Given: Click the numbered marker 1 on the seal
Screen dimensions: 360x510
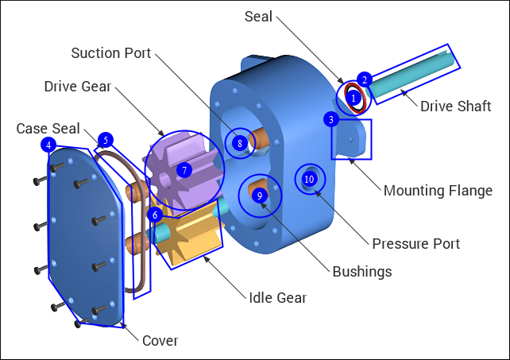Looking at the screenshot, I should pos(354,98).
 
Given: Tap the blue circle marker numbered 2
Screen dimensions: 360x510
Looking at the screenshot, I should pos(364,79).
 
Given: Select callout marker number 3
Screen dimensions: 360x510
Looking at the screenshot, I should pos(331,119).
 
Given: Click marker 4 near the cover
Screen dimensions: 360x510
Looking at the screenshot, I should pos(49,145).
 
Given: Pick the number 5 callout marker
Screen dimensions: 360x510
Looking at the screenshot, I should pos(104,140).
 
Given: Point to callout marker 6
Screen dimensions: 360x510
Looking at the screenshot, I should pos(156,214).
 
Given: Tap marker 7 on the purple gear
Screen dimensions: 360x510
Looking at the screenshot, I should pos(184,170).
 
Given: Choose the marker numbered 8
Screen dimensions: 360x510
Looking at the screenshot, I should pos(239,144).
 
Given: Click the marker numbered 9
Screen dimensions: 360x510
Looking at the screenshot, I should pos(259,195).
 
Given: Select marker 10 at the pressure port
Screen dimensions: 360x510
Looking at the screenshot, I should pos(309,179).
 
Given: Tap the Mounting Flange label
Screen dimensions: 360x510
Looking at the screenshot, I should pos(438,191).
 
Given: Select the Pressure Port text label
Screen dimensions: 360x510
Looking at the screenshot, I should pos(415,243).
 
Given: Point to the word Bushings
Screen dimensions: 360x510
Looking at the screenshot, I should pos(363,272).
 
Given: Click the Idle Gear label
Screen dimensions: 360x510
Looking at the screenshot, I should pos(277,298).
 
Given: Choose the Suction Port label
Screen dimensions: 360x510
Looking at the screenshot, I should pos(110,53).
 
